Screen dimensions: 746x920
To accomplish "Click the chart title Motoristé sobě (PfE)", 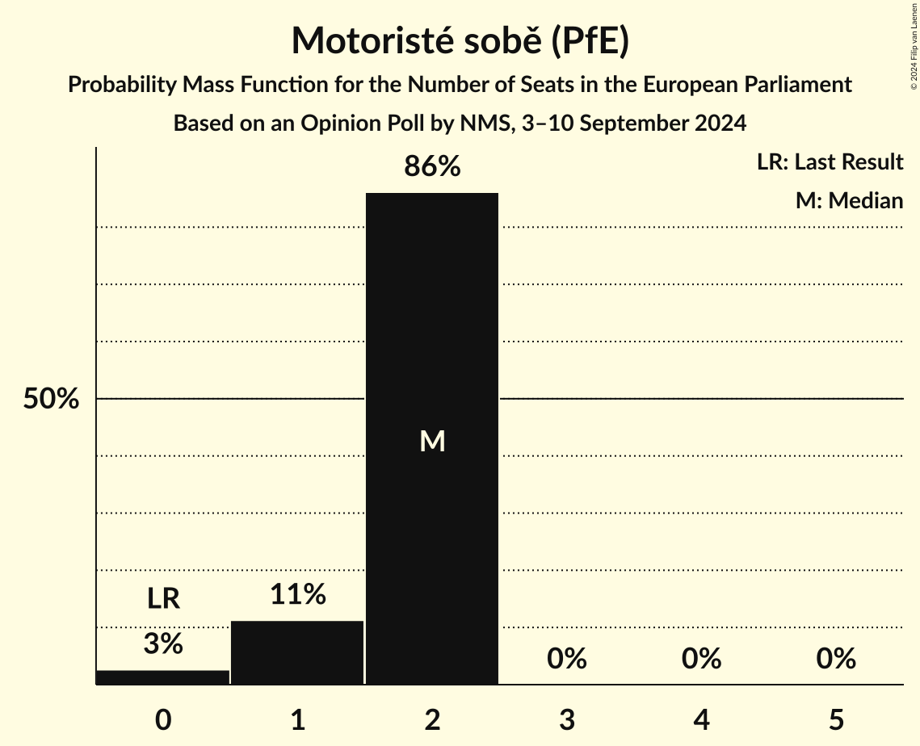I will pos(460,41).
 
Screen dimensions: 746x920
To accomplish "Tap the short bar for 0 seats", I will pos(163,677).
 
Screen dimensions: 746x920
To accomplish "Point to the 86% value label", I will pos(432,167).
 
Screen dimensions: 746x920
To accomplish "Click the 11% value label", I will pos(297,595).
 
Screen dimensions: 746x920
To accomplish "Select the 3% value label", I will pos(163,644).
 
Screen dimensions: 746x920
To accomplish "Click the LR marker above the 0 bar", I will pos(163,599).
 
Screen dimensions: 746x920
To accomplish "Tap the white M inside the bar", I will pos(432,441).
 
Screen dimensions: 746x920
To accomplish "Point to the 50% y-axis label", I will pos(51,399).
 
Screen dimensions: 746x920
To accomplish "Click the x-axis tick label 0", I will pos(163,720).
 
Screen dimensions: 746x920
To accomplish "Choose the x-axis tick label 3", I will pos(566,720).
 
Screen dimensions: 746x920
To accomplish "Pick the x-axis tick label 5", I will pos(835,720).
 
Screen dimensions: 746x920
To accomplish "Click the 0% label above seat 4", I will pos(701,660).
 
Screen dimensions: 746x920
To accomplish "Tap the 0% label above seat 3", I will pos(566,660).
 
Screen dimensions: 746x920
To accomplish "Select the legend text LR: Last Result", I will pos(830,162).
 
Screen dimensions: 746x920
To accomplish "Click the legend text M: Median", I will pos(849,201).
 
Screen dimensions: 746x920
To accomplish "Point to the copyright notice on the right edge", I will pos(914,45).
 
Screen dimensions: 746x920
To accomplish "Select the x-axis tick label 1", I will pos(297,720).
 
